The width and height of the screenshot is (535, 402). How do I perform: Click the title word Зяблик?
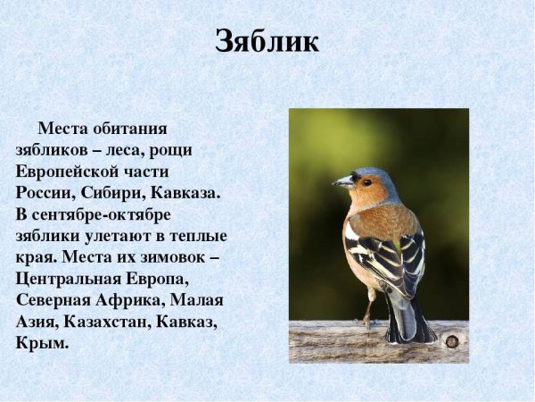267,42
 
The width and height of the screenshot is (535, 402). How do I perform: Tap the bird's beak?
342,182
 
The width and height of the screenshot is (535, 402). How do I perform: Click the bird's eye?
366,181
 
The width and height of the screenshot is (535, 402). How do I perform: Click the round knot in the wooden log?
451,341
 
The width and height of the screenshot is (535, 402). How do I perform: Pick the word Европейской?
73,172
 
